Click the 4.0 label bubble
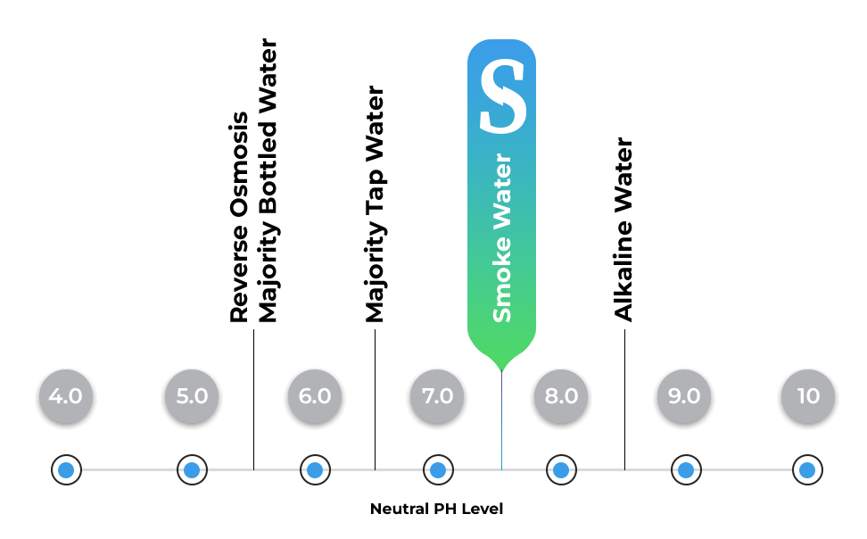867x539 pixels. tap(66, 396)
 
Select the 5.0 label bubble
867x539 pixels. tap(192, 396)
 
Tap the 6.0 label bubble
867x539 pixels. tap(315, 396)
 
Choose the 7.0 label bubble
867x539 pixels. tap(437, 396)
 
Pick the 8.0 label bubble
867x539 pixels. tap(561, 396)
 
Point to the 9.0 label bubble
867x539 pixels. tap(684, 396)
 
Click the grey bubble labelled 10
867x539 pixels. tap(808, 396)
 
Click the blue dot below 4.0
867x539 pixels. tap(66, 469)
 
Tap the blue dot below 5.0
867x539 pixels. tap(192, 469)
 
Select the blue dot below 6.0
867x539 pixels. tap(315, 469)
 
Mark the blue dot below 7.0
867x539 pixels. tap(437, 469)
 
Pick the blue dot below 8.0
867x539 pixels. tap(561, 469)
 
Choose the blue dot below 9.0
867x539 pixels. tap(685, 469)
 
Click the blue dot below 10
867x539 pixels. tap(807, 469)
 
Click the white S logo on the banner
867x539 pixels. tap(502, 96)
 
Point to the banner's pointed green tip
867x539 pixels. tap(501, 367)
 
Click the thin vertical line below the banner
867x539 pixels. tap(501, 419)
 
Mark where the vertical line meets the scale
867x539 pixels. tap(501, 469)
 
